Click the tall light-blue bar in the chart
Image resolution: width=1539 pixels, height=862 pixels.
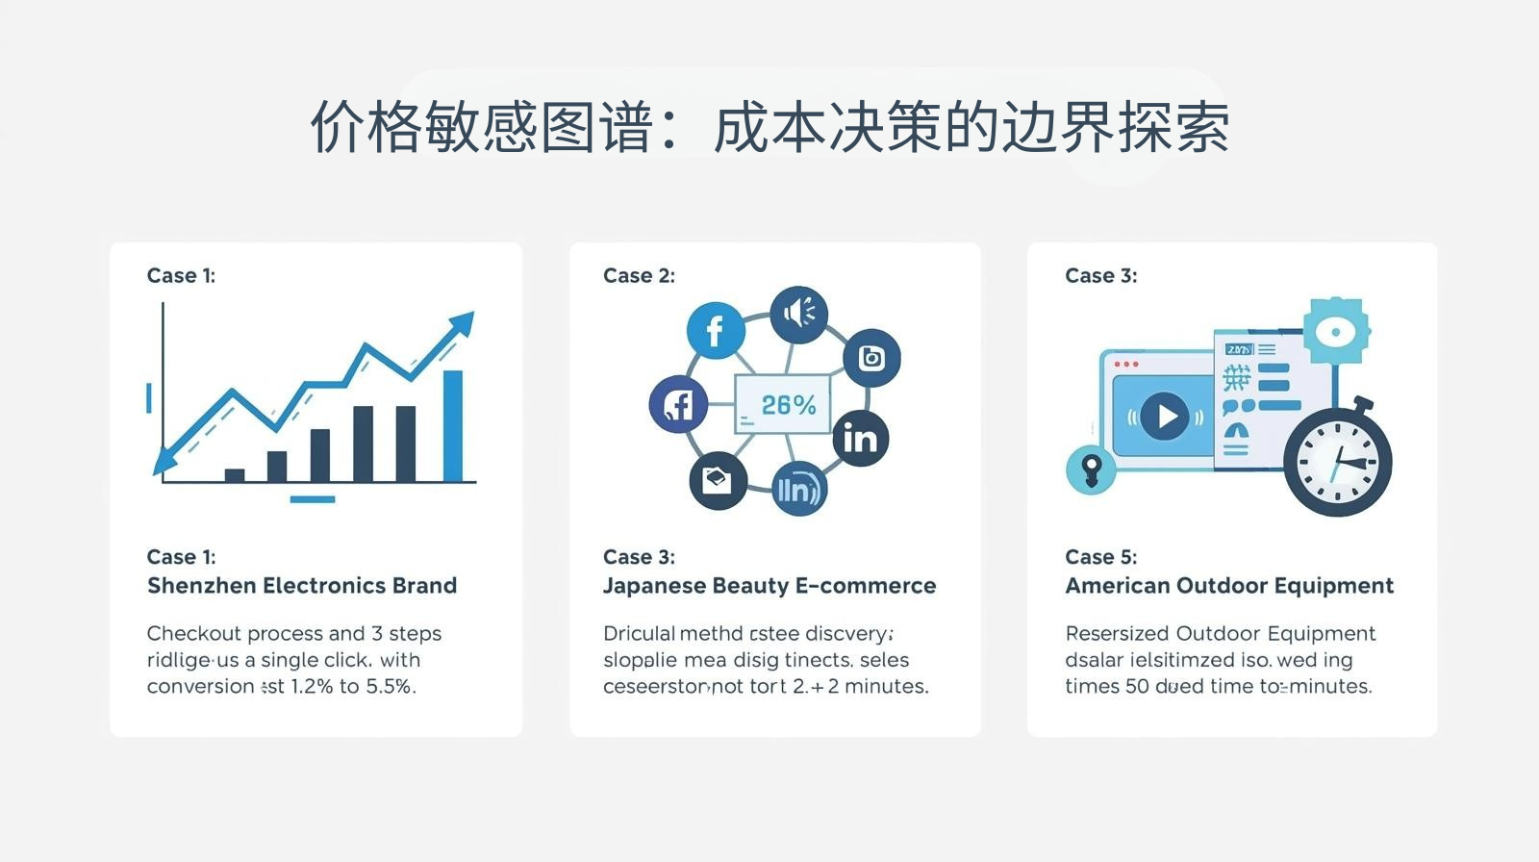452,425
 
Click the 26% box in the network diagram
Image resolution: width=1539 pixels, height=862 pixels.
782,404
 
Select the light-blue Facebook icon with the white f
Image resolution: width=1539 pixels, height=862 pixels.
715,330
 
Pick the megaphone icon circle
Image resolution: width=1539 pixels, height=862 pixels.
798,314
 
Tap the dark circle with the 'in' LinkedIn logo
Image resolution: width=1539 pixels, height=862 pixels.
859,439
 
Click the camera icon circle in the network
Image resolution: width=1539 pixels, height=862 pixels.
871,358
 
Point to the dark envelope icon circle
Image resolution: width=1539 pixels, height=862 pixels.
719,480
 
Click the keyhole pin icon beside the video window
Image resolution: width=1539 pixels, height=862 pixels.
1091,470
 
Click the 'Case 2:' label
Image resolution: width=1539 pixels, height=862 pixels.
639,276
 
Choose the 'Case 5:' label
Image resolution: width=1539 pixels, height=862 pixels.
1100,557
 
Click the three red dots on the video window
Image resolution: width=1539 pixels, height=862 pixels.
1125,365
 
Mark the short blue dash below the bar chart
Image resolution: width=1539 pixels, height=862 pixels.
313,499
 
